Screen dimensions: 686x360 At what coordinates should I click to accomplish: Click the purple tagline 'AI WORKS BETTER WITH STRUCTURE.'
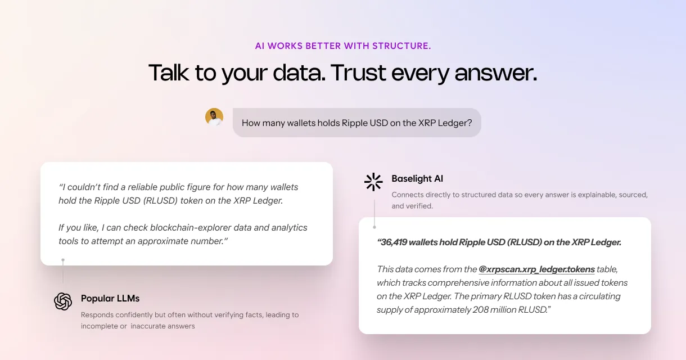(343, 46)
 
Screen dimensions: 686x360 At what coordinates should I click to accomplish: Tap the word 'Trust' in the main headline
(358, 73)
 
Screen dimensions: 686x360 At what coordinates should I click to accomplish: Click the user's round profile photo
(214, 117)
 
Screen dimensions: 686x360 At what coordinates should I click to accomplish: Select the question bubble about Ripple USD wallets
(357, 123)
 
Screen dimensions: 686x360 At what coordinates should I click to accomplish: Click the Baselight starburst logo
(373, 182)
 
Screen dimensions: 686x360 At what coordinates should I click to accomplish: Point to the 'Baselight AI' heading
(417, 179)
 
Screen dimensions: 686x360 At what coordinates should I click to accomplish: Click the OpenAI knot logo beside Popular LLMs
(63, 301)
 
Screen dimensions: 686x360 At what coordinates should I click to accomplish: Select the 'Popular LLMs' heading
(110, 299)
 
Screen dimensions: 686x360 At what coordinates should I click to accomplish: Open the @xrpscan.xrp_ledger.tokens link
(536, 269)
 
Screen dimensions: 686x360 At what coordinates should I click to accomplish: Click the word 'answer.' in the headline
(496, 74)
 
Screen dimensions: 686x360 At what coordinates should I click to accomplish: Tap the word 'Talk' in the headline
(169, 73)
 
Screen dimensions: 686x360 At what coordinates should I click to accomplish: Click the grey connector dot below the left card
(63, 260)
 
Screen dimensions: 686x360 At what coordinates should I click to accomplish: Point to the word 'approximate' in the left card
(163, 241)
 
